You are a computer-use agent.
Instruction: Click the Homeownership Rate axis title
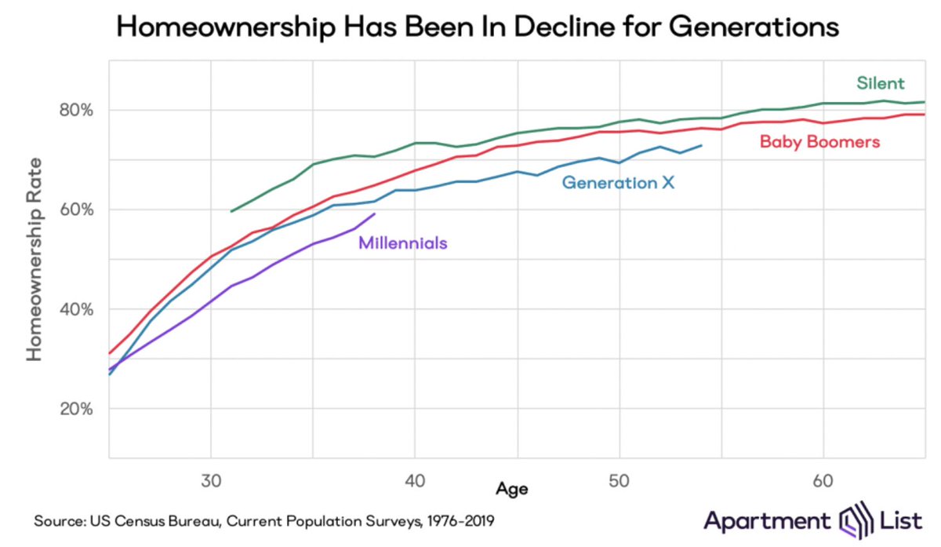[34, 259]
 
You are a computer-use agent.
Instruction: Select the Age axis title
[511, 489]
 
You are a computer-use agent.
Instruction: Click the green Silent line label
[881, 83]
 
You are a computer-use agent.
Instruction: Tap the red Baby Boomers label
[820, 142]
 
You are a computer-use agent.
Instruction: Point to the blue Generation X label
[619, 184]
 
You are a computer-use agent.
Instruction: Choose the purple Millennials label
[402, 243]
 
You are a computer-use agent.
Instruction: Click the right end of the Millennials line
[376, 213]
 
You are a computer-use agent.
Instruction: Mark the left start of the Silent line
[231, 211]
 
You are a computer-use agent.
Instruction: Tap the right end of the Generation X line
[702, 145]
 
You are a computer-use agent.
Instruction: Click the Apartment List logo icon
[852, 520]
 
